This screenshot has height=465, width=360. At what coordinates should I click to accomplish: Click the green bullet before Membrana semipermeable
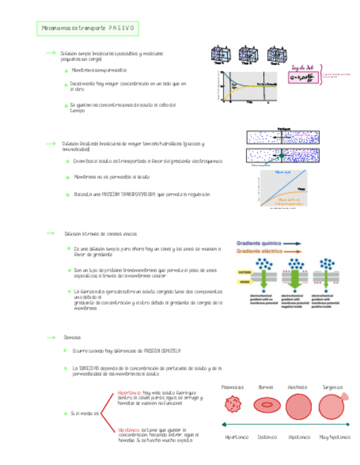(x=66, y=71)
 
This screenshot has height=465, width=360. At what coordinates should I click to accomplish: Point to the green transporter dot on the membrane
(x=282, y=156)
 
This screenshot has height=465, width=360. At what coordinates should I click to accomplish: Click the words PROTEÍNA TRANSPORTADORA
(x=125, y=195)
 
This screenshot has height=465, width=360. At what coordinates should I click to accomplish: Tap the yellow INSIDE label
(x=244, y=282)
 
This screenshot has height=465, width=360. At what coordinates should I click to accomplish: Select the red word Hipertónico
(x=130, y=393)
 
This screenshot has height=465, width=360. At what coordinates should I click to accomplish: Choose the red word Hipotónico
(x=129, y=430)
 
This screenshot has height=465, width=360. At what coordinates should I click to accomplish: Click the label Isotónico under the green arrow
(x=266, y=437)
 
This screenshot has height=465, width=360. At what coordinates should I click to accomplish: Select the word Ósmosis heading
(x=72, y=337)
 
